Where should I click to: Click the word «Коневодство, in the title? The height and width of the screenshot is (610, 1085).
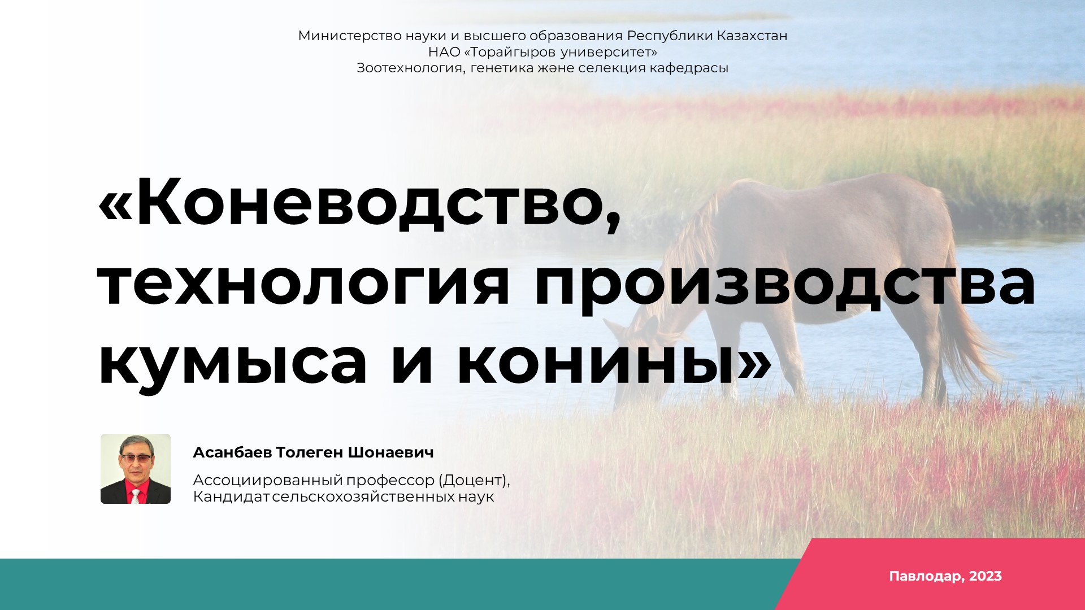click(x=360, y=203)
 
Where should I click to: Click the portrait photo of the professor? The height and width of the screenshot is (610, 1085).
click(x=136, y=469)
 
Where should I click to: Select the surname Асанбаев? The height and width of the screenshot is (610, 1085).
click(x=232, y=452)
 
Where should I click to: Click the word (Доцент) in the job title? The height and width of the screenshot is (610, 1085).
click(x=475, y=480)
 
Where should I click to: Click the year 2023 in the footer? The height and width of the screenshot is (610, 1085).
click(x=986, y=576)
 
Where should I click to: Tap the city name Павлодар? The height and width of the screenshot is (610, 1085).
click(x=926, y=577)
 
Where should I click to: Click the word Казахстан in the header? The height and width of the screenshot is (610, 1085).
click(x=752, y=36)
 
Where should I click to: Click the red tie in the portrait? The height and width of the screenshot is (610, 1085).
click(x=136, y=496)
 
